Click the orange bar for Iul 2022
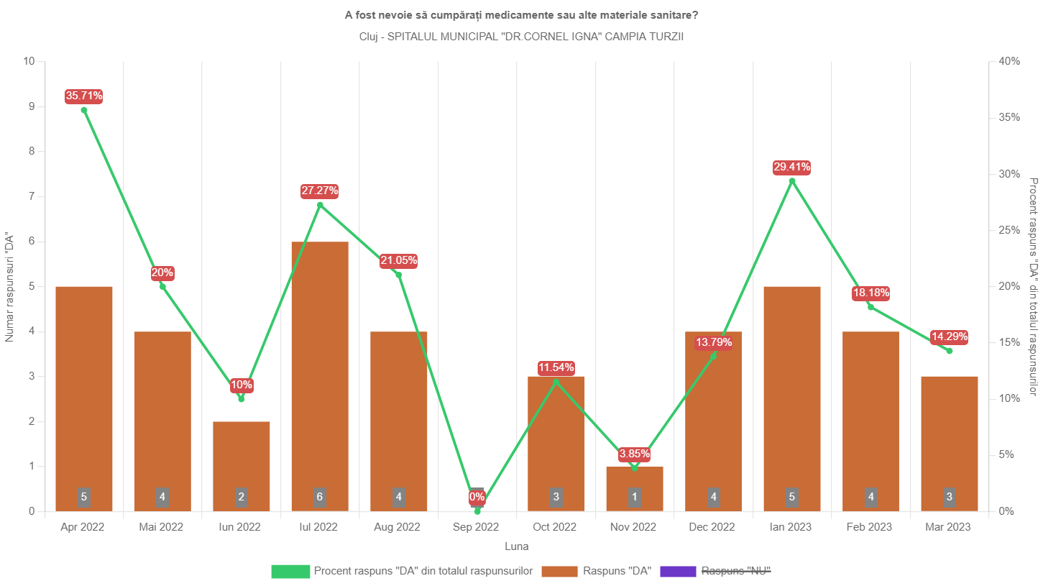[x=320, y=376]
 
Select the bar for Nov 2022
[x=635, y=489]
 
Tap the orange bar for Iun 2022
[x=242, y=467]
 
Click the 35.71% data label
[x=84, y=96]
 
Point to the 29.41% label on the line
[x=792, y=168]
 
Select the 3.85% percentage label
[x=635, y=454]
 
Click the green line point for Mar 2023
[x=950, y=351]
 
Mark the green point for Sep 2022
[x=477, y=511]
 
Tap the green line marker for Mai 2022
[x=162, y=286]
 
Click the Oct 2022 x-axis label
[x=554, y=527]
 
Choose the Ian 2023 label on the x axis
[x=791, y=527]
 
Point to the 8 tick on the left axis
[x=32, y=152]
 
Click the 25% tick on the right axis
[x=1009, y=230]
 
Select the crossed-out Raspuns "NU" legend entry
[x=716, y=571]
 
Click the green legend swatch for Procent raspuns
[x=290, y=571]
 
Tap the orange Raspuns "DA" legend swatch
[x=560, y=571]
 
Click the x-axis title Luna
[x=517, y=546]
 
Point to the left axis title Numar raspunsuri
[x=9, y=287]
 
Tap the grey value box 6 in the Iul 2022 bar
[x=320, y=497]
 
